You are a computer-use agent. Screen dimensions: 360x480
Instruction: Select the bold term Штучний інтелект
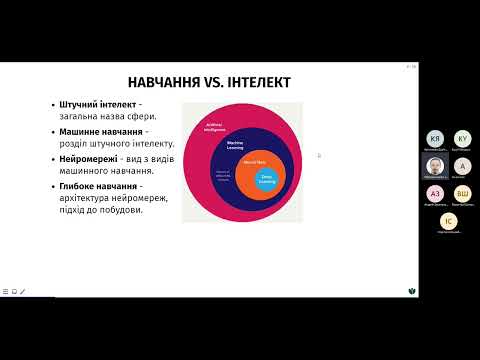[96, 105]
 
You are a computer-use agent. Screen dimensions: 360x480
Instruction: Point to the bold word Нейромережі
[89, 160]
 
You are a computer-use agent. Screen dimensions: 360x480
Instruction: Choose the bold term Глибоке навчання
[99, 187]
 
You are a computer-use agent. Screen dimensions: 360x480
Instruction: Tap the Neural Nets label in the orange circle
[253, 161]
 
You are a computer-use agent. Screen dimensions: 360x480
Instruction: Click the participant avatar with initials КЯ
[434, 139]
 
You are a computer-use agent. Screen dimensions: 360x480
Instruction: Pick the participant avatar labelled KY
[462, 139]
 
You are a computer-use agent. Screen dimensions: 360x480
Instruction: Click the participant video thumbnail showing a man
[434, 166]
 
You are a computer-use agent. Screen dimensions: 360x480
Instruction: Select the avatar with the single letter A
[462, 166]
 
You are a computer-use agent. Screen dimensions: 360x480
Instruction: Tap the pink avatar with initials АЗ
[434, 194]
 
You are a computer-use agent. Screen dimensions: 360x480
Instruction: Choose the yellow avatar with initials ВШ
[462, 194]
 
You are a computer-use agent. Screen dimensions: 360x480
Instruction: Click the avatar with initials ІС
[448, 221]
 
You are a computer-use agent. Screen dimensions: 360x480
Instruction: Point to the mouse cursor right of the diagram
[319, 155]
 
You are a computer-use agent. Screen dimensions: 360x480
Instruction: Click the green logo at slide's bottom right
[413, 291]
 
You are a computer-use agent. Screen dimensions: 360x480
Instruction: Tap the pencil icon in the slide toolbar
[23, 292]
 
